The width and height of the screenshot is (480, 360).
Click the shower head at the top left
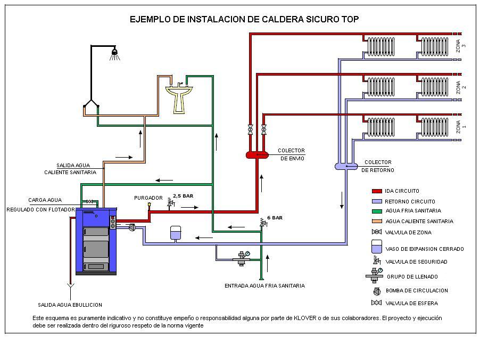point(114,53)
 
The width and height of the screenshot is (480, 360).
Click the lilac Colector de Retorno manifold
point(346,166)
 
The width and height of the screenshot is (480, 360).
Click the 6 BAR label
point(275,218)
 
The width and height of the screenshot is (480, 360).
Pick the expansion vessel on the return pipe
point(176,233)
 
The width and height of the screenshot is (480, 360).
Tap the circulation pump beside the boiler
point(132,227)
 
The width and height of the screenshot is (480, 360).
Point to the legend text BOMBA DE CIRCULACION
point(416,291)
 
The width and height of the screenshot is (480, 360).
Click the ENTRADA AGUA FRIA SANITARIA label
point(264,286)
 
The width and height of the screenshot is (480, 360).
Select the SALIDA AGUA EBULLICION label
point(70,305)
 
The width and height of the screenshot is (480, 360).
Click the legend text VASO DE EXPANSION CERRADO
point(424,249)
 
